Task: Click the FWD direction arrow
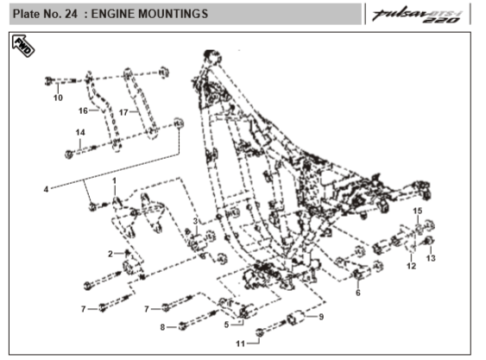pyautogui.click(x=23, y=46)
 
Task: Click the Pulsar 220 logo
pyautogui.click(x=418, y=16)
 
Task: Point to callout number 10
pyautogui.click(x=58, y=98)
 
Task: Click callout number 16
pyautogui.click(x=83, y=111)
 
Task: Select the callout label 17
pyautogui.click(x=123, y=112)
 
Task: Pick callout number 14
pyautogui.click(x=80, y=132)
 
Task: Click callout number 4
pyautogui.click(x=46, y=189)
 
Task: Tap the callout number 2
pyautogui.click(x=110, y=254)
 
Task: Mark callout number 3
pyautogui.click(x=195, y=221)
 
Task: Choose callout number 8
pyautogui.click(x=162, y=327)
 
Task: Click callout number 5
pyautogui.click(x=226, y=325)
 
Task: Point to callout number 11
pyautogui.click(x=241, y=344)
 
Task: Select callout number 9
pyautogui.click(x=321, y=317)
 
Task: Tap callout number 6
pyautogui.click(x=358, y=293)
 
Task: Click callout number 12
pyautogui.click(x=411, y=266)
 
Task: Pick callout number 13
pyautogui.click(x=431, y=258)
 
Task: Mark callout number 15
pyautogui.click(x=418, y=211)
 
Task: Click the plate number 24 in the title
pyautogui.click(x=71, y=14)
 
